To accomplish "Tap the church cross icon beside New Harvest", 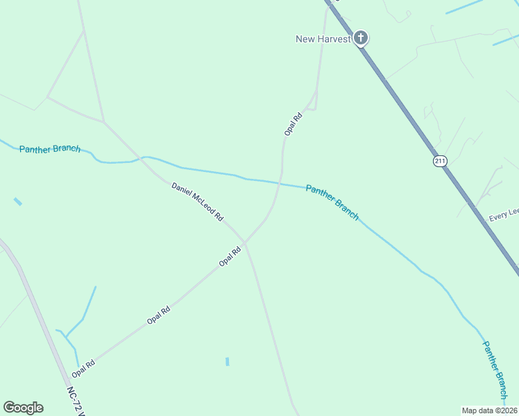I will pyautogui.click(x=360, y=37).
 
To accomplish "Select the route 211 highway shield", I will pyautogui.click(x=440, y=161).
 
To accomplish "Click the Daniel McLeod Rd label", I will pyautogui.click(x=198, y=201).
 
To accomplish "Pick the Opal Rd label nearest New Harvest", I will pyautogui.click(x=293, y=123).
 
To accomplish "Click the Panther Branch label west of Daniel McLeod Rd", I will pyautogui.click(x=50, y=149).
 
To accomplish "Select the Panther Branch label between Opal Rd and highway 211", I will pyautogui.click(x=332, y=202).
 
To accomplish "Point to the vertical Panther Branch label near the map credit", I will pyautogui.click(x=496, y=371).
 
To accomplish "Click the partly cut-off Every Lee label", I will pyautogui.click(x=504, y=216).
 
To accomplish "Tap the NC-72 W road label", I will pyautogui.click(x=76, y=402).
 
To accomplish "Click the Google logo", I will pyautogui.click(x=23, y=408).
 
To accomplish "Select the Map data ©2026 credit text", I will pyautogui.click(x=489, y=410).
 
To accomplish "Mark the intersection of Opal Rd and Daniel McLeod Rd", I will pyautogui.click(x=244, y=243).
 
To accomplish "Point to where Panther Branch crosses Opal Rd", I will pyautogui.click(x=280, y=183).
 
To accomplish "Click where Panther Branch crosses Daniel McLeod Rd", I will pyautogui.click(x=142, y=157).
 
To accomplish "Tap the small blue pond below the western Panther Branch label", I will pyautogui.click(x=17, y=202).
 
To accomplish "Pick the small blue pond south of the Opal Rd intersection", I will pyautogui.click(x=227, y=361).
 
